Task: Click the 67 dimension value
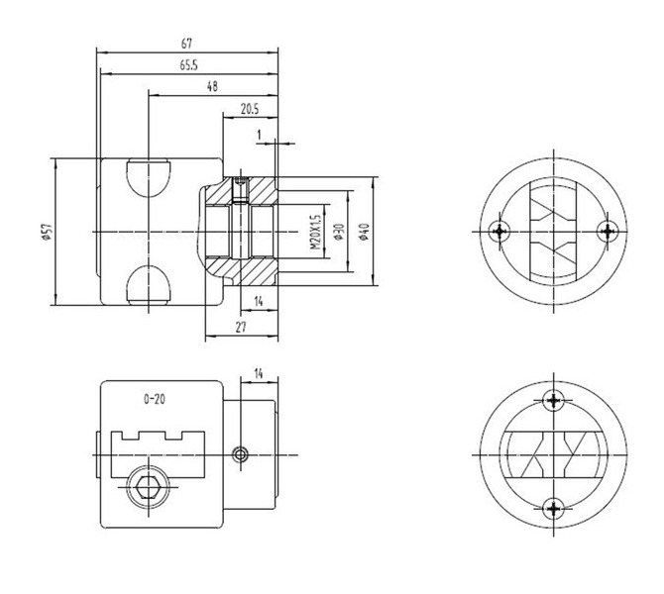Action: point(186,44)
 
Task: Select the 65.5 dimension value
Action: point(188,65)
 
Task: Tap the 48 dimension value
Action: point(212,87)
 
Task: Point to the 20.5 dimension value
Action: point(250,109)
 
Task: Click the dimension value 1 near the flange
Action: point(260,135)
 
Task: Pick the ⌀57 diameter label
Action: point(47,232)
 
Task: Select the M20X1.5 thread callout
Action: point(315,232)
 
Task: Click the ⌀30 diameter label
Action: point(339,232)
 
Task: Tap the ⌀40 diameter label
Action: point(364,232)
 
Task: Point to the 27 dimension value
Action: point(241,327)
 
